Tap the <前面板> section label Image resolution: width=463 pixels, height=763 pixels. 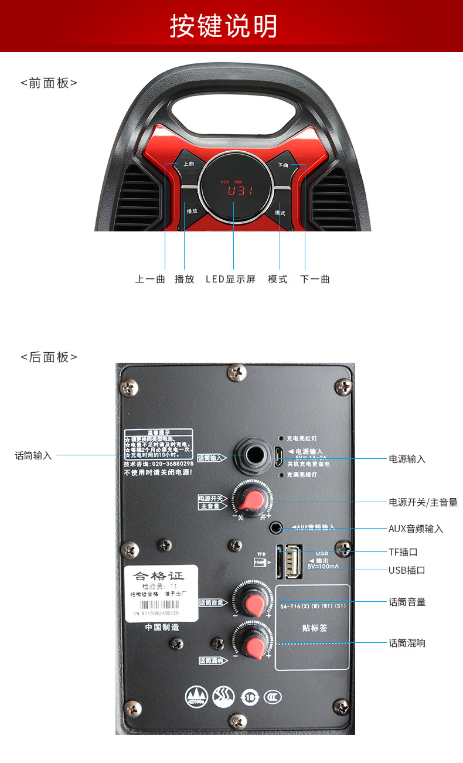(49, 83)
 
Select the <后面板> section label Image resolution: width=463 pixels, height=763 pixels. (49, 357)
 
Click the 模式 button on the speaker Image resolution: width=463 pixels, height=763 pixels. (280, 212)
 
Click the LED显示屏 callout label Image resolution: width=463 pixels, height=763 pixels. (230, 280)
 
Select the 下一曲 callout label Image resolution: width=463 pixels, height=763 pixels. (315, 280)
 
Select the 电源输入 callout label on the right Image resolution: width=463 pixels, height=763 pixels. (407, 459)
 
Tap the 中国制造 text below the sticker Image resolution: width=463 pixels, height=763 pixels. (162, 628)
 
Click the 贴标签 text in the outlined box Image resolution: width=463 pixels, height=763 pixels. (312, 628)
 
